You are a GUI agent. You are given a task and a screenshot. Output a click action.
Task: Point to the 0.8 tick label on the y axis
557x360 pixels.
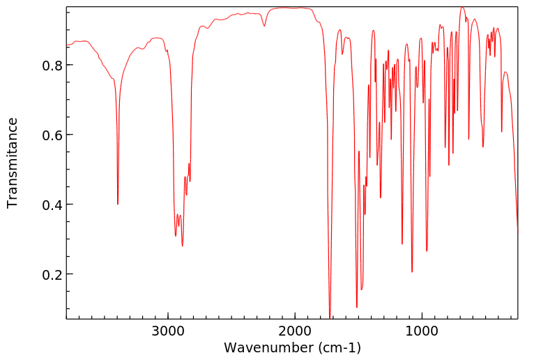(51, 65)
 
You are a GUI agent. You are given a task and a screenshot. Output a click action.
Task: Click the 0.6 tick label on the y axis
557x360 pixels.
(51, 135)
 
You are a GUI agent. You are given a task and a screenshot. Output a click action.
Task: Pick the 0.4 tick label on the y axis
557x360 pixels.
(51, 204)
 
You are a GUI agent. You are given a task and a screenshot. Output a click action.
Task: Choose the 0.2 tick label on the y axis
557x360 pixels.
(51, 274)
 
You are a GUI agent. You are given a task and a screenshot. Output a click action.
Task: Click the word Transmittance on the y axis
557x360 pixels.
(13, 163)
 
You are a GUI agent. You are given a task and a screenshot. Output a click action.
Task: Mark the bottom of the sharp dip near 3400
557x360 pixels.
(118, 204)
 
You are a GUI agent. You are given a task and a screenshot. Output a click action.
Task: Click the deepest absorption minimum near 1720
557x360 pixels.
(330, 317)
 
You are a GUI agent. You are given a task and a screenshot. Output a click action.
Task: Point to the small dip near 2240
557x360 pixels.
(264, 27)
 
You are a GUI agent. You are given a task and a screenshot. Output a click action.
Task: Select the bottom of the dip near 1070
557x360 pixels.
(412, 271)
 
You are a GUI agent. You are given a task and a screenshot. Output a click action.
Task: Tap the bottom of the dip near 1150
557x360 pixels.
(402, 243)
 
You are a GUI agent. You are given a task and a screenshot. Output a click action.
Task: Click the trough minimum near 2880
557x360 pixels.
(183, 246)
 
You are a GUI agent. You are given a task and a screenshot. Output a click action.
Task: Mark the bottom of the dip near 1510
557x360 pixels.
(357, 307)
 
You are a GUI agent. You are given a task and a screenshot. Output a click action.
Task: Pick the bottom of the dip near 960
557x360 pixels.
(427, 250)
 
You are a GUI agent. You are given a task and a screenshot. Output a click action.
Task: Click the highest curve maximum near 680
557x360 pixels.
(461, 8)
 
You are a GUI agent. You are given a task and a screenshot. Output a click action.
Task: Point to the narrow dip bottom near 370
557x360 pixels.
(501, 131)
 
